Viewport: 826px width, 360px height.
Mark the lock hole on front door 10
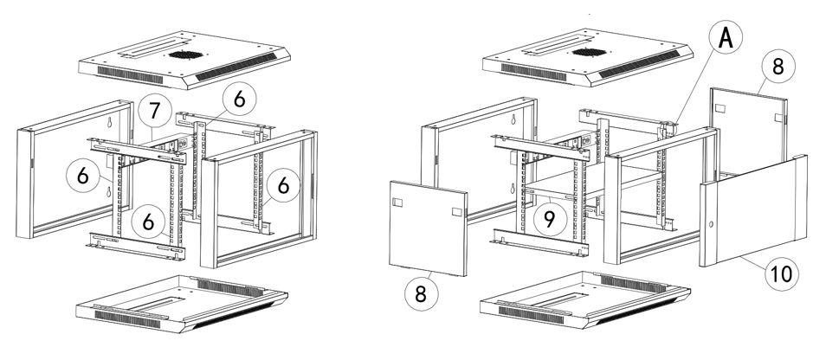pyautogui.click(x=711, y=224)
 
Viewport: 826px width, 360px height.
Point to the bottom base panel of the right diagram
pyautogui.click(x=580, y=305)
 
